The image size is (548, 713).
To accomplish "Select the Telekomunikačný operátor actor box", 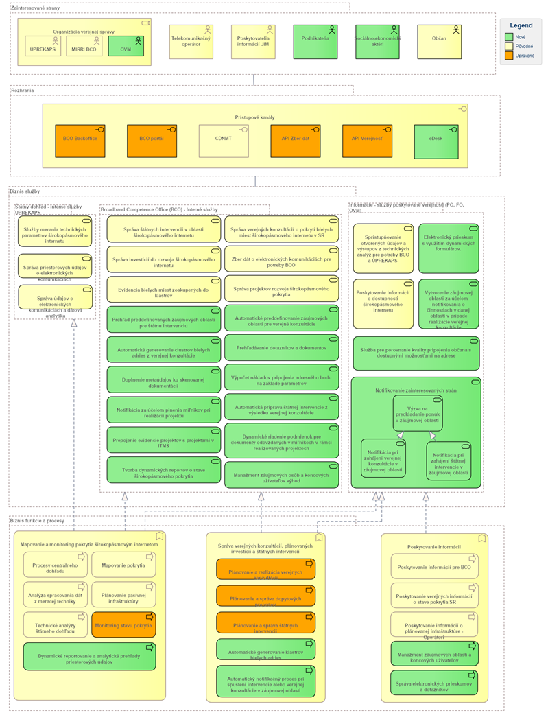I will point(190,41).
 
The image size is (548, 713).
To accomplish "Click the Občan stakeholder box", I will point(439,41).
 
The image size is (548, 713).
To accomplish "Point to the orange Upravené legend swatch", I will point(508,56).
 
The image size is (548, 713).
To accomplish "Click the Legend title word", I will point(521,25).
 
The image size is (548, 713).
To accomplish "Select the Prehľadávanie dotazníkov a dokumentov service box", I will point(281,348).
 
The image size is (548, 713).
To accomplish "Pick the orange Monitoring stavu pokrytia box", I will point(123,624).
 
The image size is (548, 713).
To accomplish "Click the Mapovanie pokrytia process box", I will point(123,565).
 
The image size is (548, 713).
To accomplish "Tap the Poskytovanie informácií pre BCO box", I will point(434,567).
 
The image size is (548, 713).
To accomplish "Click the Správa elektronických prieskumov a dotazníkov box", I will point(434,683).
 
